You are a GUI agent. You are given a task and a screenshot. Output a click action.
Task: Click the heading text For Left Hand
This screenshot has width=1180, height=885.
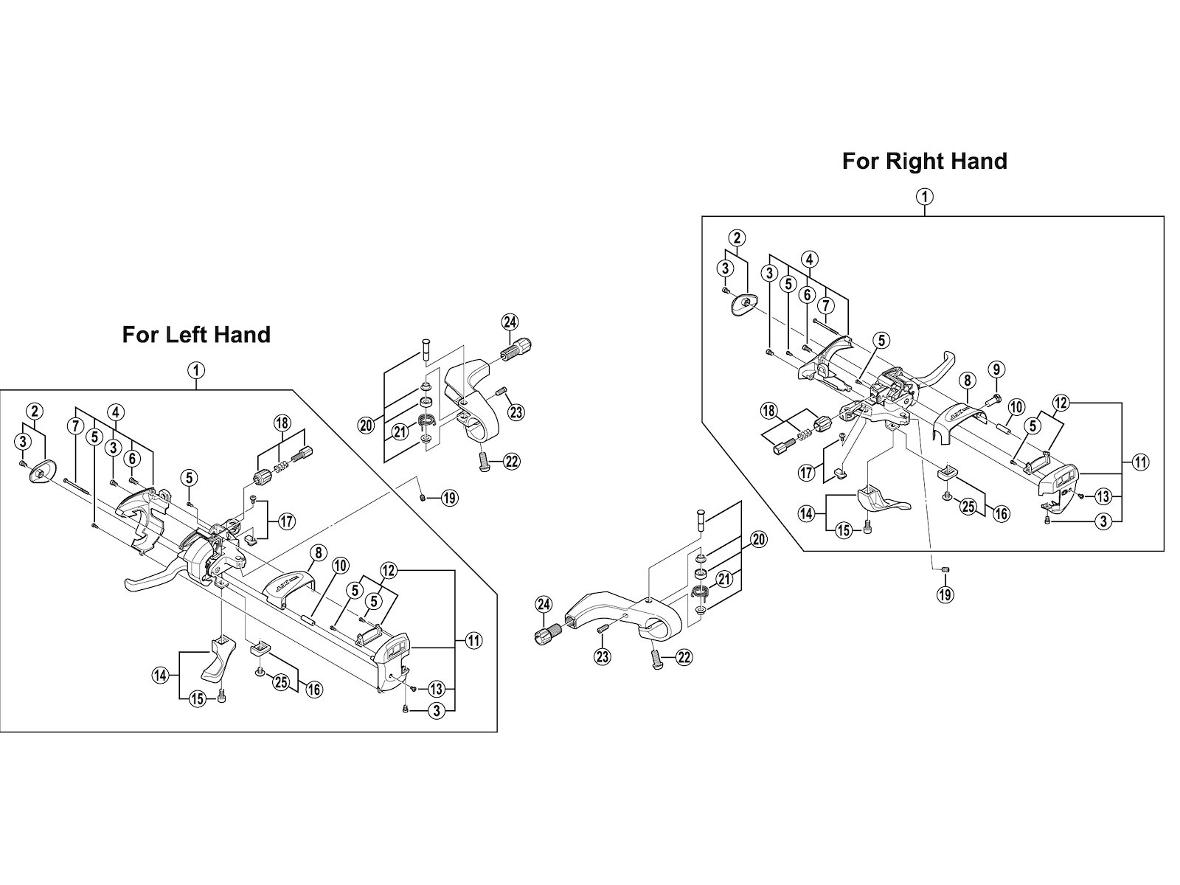(x=196, y=335)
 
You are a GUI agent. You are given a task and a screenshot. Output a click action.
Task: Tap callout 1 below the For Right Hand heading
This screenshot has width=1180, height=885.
(x=925, y=196)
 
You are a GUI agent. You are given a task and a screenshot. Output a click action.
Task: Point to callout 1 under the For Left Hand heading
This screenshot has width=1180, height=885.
(x=196, y=370)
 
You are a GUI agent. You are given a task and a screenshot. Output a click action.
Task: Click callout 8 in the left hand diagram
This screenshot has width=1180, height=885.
(x=317, y=552)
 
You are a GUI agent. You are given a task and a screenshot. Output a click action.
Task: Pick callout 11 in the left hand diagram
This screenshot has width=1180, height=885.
(x=473, y=641)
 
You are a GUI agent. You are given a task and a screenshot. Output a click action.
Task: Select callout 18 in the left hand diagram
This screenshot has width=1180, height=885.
(x=282, y=423)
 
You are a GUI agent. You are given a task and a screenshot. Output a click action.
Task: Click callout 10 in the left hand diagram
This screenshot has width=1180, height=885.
(x=339, y=566)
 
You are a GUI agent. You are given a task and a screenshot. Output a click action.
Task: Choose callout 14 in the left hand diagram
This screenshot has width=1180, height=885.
(x=161, y=673)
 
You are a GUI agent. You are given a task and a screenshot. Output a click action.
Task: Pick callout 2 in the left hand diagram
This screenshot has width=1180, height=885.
(x=34, y=412)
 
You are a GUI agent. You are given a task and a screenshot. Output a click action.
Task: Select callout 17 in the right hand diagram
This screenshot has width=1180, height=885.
(x=808, y=471)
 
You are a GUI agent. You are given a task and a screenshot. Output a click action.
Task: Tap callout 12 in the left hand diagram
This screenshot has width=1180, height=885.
(x=389, y=570)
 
